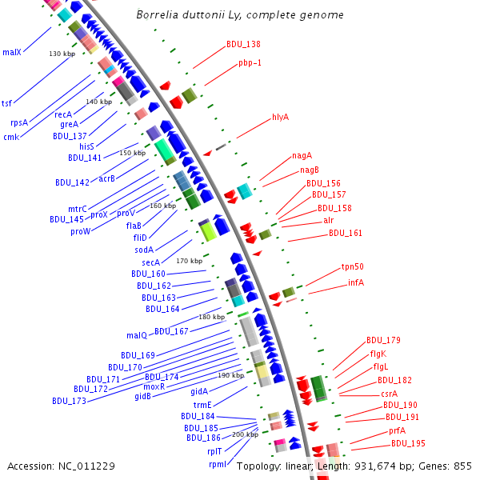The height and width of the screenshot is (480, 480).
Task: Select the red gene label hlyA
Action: point(280,117)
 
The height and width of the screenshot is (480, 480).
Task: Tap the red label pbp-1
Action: point(250,62)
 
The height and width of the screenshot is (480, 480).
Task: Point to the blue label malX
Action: point(12,52)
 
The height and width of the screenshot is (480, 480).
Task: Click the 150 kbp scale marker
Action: point(132,153)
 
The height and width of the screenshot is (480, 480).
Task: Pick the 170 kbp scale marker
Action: point(190,261)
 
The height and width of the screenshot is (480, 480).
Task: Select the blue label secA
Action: point(151,262)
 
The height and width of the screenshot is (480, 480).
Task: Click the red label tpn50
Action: point(352,266)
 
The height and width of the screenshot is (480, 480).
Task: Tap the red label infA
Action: point(356,282)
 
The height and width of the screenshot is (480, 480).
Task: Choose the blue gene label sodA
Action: point(144,250)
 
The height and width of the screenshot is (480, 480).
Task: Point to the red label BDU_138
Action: point(242,45)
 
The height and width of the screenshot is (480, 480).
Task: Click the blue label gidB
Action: point(142,396)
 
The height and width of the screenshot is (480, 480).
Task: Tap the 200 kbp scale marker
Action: point(245,434)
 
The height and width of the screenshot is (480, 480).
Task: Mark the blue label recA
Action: point(63,114)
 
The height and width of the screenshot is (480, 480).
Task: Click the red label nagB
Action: point(310,170)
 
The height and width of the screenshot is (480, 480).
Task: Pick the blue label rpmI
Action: point(218,464)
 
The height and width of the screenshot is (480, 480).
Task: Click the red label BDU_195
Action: point(408,443)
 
